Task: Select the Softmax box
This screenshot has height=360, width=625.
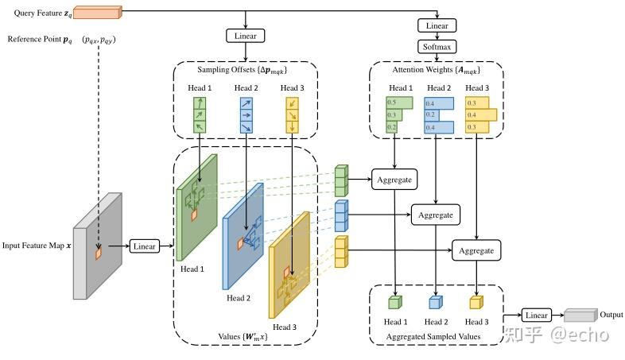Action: pos(437,47)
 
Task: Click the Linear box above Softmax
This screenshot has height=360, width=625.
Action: pos(437,26)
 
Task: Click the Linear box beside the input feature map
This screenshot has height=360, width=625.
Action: pos(145,247)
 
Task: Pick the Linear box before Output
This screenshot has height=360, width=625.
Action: pos(537,315)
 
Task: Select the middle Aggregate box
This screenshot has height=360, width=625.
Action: pos(434,215)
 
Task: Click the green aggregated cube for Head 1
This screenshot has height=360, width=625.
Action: pos(395,302)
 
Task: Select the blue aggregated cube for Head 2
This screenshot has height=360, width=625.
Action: pos(435,302)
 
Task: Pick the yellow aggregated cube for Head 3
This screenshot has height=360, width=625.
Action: pos(476,302)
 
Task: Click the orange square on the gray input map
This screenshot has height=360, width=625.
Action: pos(98,254)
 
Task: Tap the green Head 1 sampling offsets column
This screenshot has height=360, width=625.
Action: pos(200,114)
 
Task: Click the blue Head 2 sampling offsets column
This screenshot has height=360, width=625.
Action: pos(246,114)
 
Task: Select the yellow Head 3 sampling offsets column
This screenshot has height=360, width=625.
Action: pos(292,114)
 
